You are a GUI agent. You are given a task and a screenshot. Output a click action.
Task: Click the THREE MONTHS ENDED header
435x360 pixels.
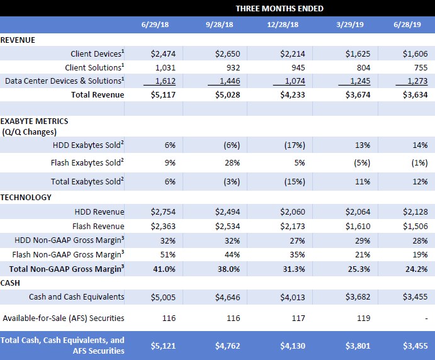(280, 8)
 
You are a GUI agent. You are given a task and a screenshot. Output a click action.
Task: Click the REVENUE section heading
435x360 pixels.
(18, 40)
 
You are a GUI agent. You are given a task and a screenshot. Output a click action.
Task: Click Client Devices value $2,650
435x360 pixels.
(227, 54)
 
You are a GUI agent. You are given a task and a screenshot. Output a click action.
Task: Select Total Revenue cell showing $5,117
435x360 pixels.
(163, 95)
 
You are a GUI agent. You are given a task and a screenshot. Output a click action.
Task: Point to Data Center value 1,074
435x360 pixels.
(291, 81)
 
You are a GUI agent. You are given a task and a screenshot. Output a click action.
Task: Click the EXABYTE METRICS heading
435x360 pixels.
(35, 121)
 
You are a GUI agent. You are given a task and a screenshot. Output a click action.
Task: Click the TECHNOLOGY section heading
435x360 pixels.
(26, 197)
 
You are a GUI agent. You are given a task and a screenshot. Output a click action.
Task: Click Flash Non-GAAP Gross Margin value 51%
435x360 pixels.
(169, 254)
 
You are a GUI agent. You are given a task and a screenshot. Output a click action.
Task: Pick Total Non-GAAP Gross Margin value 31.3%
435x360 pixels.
(293, 269)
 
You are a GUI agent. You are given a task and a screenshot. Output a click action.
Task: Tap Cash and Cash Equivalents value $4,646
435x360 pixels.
(229, 296)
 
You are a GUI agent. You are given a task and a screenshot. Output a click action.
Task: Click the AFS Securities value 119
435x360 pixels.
(358, 318)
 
